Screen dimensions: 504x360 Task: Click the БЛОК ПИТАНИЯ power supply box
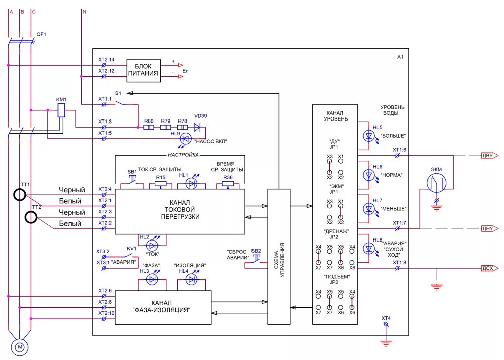pos(144,71)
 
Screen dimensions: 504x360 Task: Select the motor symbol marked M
pos(20,347)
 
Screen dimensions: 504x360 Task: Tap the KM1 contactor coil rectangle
pos(61,110)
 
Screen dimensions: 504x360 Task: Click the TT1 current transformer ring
pos(20,195)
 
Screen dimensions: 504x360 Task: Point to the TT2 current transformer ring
pos(31,217)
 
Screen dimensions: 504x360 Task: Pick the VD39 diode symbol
pos(197,128)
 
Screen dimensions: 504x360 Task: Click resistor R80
pos(149,128)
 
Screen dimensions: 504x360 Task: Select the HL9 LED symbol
pos(185,139)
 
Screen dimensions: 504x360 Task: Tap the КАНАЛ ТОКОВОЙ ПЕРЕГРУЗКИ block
pos(180,211)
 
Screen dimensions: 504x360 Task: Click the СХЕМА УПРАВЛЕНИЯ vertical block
pos(279,257)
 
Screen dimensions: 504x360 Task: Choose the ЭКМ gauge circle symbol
pos(437,183)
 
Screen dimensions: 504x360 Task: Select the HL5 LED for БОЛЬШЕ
pos(369,136)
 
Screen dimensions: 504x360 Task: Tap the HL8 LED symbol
pos(369,249)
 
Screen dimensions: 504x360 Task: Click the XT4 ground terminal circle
pos(386,325)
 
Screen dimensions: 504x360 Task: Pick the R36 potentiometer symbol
pos(228,184)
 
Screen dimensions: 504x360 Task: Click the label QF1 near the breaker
pos(41,34)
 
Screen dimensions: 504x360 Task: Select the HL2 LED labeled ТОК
pos(152,246)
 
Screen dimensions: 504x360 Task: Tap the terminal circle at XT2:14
pos(104,65)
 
